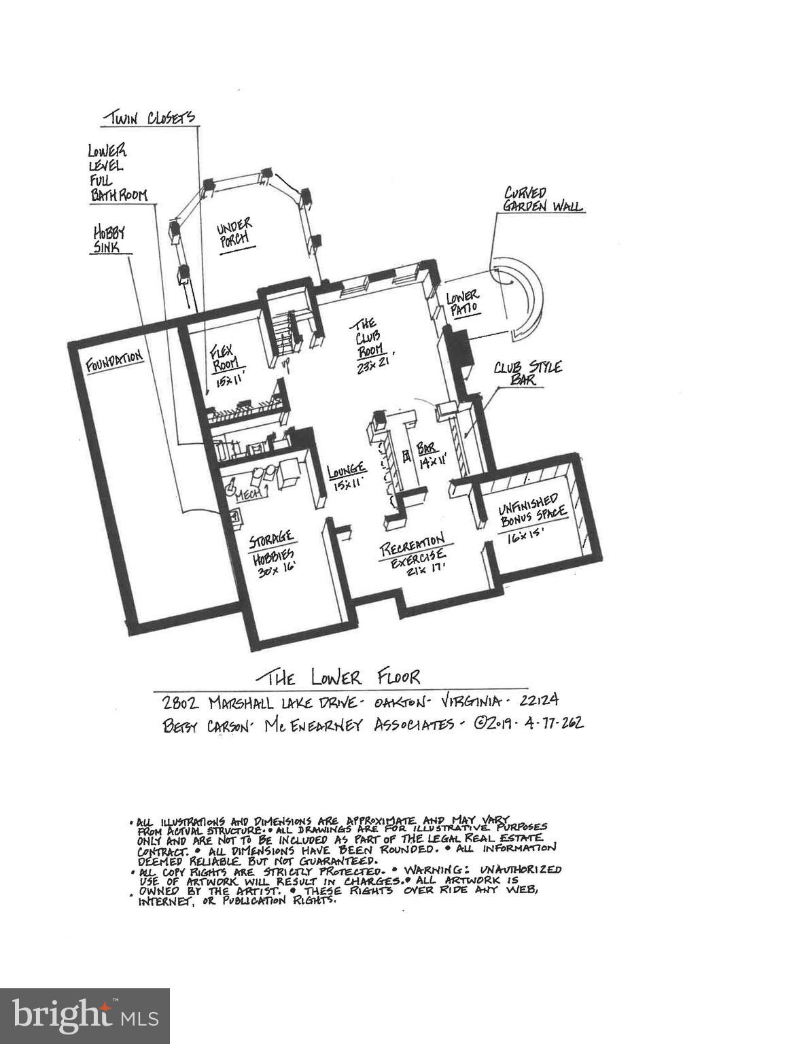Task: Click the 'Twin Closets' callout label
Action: [x=149, y=118]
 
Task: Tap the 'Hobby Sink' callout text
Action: [x=109, y=240]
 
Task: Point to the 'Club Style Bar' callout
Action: [x=528, y=373]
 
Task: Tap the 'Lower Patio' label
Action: [x=463, y=302]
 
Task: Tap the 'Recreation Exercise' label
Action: [x=413, y=554]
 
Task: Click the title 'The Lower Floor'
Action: [x=338, y=677]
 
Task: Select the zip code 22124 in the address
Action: [x=535, y=701]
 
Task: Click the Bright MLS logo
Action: [x=85, y=1016]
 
